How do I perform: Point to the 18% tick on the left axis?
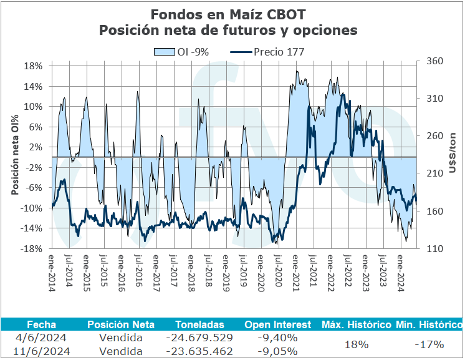click(34, 66)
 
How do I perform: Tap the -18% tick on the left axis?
click(32, 249)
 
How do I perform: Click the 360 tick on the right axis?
click(434, 61)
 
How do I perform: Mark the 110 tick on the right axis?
click(434, 249)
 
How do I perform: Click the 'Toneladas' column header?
click(196, 325)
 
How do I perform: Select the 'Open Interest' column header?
click(277, 325)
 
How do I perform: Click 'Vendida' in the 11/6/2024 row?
click(121, 350)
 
